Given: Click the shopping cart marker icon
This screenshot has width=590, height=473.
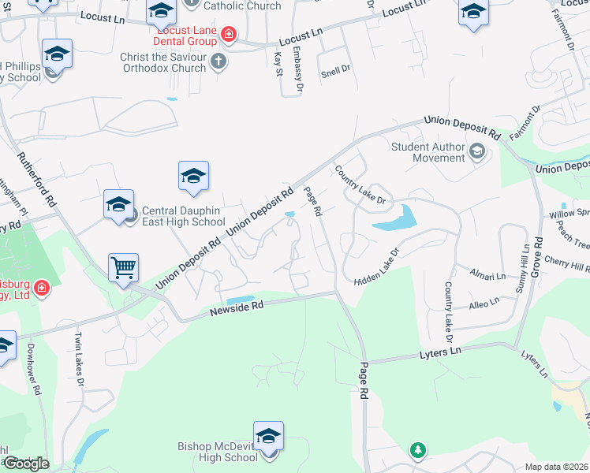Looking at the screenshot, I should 124,267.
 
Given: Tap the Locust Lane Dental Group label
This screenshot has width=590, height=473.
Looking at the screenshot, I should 186,36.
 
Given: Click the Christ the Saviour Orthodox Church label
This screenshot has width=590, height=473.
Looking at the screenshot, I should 164,62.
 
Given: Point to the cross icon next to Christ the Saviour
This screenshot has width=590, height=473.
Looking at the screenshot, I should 218,60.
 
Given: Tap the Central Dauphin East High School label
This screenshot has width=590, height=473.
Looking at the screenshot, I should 183,216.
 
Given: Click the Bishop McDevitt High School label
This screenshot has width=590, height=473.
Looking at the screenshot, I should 213,452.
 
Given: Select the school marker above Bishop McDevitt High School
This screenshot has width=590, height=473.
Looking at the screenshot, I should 268,436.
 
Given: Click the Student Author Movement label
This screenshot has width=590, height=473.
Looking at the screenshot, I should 429,152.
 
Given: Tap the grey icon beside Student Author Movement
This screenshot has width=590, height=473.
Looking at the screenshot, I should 476,151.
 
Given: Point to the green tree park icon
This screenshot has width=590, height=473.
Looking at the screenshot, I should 417,450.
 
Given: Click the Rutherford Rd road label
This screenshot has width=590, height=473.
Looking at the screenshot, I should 38,180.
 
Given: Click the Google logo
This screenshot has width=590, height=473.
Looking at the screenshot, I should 26,464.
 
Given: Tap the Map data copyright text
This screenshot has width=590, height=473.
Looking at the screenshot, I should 556,467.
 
